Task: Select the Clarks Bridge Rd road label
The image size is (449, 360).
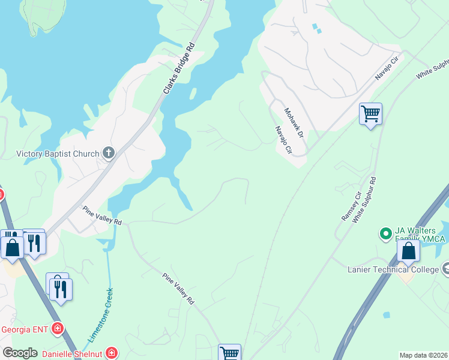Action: (179, 69)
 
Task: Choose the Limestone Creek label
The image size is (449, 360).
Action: (101, 315)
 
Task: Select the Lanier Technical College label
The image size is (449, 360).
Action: (393, 269)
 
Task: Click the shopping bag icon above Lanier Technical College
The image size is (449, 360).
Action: (408, 250)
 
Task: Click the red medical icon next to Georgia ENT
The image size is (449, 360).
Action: (58, 328)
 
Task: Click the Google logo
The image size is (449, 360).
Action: (20, 353)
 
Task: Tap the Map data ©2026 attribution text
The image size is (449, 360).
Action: (424, 355)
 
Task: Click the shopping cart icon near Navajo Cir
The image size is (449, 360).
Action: (370, 113)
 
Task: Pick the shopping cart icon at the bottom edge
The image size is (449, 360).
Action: (229, 353)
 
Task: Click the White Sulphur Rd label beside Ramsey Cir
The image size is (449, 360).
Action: (364, 200)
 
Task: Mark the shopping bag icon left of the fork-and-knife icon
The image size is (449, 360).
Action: (12, 247)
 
